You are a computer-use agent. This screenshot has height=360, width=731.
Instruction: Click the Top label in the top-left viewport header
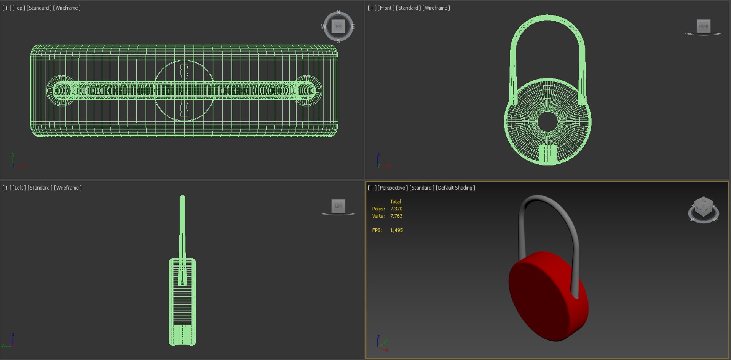click(x=18, y=8)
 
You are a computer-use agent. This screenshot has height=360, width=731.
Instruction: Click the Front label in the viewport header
click(x=386, y=8)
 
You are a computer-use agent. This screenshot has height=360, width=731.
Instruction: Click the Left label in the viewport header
click(x=19, y=188)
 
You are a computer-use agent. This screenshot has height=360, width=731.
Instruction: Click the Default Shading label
click(x=455, y=188)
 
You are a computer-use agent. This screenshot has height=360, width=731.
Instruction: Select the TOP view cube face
click(x=338, y=26)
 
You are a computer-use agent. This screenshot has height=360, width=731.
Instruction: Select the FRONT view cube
click(x=703, y=26)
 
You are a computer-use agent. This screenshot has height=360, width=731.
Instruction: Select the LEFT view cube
click(x=338, y=206)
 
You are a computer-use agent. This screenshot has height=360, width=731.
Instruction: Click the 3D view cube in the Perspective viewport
click(x=703, y=207)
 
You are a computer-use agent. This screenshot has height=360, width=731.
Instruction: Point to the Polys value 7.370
click(x=396, y=209)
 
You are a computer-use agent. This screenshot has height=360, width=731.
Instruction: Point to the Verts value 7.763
click(x=396, y=216)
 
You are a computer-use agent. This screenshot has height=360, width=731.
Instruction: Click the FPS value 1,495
click(x=396, y=230)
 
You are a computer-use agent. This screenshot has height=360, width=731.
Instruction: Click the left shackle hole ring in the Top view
click(x=61, y=91)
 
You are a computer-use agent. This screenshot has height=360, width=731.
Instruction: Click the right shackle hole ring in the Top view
click(x=307, y=91)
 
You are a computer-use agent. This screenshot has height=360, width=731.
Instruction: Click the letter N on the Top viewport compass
click(x=338, y=12)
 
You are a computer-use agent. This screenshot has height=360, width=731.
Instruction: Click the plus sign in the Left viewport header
click(x=6, y=188)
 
